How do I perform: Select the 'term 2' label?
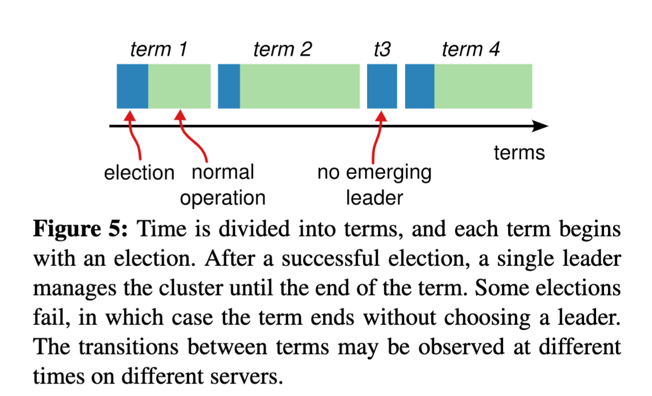coord(282,50)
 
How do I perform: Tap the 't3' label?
coord(382,50)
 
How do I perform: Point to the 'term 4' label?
coord(470,50)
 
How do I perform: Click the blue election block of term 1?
coord(132,86)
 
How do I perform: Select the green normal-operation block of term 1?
coord(179,86)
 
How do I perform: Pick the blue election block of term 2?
coord(229,86)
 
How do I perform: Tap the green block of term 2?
coord(299,86)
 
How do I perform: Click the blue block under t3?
coord(382,86)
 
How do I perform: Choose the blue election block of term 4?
coord(419,86)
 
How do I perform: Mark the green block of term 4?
coord(483,86)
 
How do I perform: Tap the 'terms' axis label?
coord(519,152)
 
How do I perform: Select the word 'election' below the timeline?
coord(139,173)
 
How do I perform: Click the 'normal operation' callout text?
coord(223,185)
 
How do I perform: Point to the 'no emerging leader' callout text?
coord(374,185)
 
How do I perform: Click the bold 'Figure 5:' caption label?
coord(81,230)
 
